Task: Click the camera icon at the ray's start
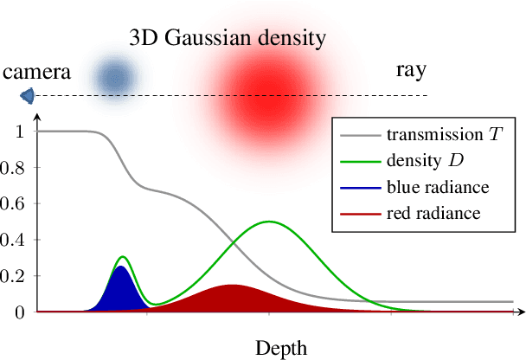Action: (28, 94)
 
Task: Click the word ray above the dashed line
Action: (408, 69)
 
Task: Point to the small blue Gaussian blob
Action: (114, 76)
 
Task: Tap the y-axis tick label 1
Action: (19, 131)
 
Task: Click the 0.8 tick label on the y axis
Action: (14, 167)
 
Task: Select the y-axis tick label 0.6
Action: (14, 203)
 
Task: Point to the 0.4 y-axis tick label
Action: (14, 240)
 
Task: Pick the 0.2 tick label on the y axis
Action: (14, 276)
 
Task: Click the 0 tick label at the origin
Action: (19, 312)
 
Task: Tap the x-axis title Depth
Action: (281, 348)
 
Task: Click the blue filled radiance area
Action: (120, 292)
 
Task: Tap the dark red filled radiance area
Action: (232, 299)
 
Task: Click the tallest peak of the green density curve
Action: (269, 222)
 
